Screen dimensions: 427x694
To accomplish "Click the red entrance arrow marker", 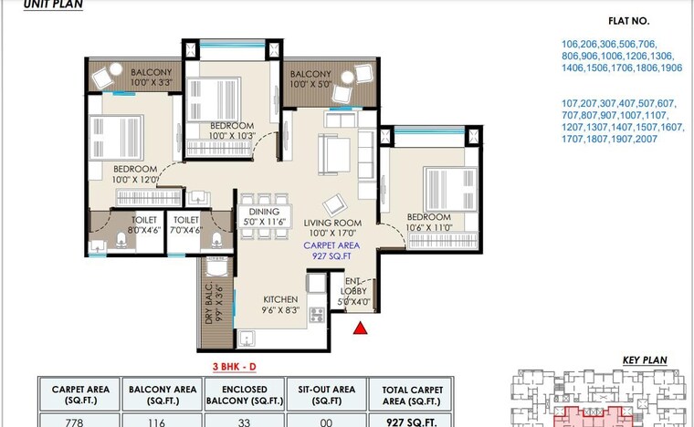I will coord(361,328).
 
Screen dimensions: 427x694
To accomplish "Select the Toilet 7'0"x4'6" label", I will coord(186,225).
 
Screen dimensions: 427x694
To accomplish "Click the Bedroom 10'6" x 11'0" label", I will coord(430,223).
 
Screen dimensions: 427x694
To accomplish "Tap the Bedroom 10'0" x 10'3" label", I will coord(231,130).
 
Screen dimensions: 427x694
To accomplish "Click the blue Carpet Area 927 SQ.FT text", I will coord(332,252).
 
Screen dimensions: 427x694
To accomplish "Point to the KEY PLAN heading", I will coord(646,361).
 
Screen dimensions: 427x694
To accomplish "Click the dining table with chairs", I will coord(263,197).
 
